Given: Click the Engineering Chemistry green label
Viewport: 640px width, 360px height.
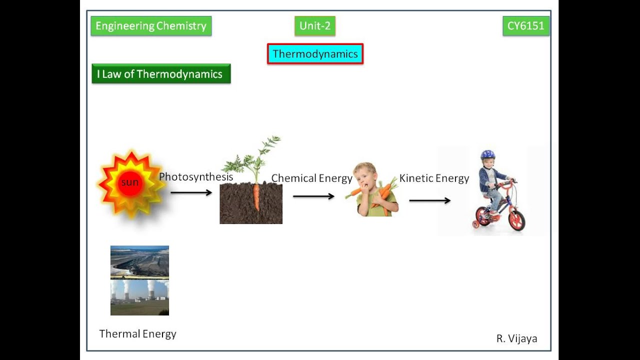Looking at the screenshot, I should (x=151, y=26).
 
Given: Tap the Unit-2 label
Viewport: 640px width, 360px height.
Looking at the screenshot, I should (x=315, y=26).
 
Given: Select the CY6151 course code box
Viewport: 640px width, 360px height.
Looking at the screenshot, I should (x=525, y=26).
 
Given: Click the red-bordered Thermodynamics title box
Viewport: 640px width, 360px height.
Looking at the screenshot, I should (x=315, y=54).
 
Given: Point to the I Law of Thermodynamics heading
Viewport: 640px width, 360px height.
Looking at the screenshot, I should (x=160, y=74).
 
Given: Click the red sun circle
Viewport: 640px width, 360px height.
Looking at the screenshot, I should (x=130, y=182).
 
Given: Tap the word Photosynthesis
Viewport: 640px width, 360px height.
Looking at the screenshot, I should (x=196, y=177).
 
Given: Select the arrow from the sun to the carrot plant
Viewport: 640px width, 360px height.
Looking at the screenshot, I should (x=191, y=192).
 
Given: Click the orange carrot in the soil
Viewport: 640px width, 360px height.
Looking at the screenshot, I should (x=256, y=197).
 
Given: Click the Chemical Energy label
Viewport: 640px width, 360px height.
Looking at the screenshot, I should (x=311, y=178).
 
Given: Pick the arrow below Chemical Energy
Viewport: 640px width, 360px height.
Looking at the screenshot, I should (x=313, y=196).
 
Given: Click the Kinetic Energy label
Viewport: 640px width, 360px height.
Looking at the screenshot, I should (x=434, y=178).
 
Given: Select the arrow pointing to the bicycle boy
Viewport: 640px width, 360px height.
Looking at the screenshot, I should (x=430, y=200).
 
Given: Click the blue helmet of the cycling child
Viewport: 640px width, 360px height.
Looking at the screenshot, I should (x=487, y=155).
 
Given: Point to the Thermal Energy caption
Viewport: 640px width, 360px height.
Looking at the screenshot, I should (x=138, y=334).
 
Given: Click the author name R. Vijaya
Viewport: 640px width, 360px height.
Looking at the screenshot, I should (x=516, y=338).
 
